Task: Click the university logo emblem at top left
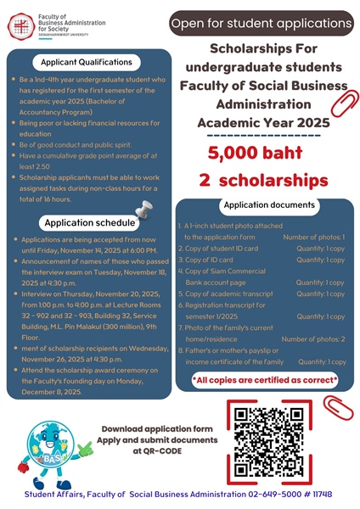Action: pos(18,23)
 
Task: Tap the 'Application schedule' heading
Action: pos(90,222)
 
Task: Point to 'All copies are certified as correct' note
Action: pos(265,379)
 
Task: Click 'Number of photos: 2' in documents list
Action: pos(313,338)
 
